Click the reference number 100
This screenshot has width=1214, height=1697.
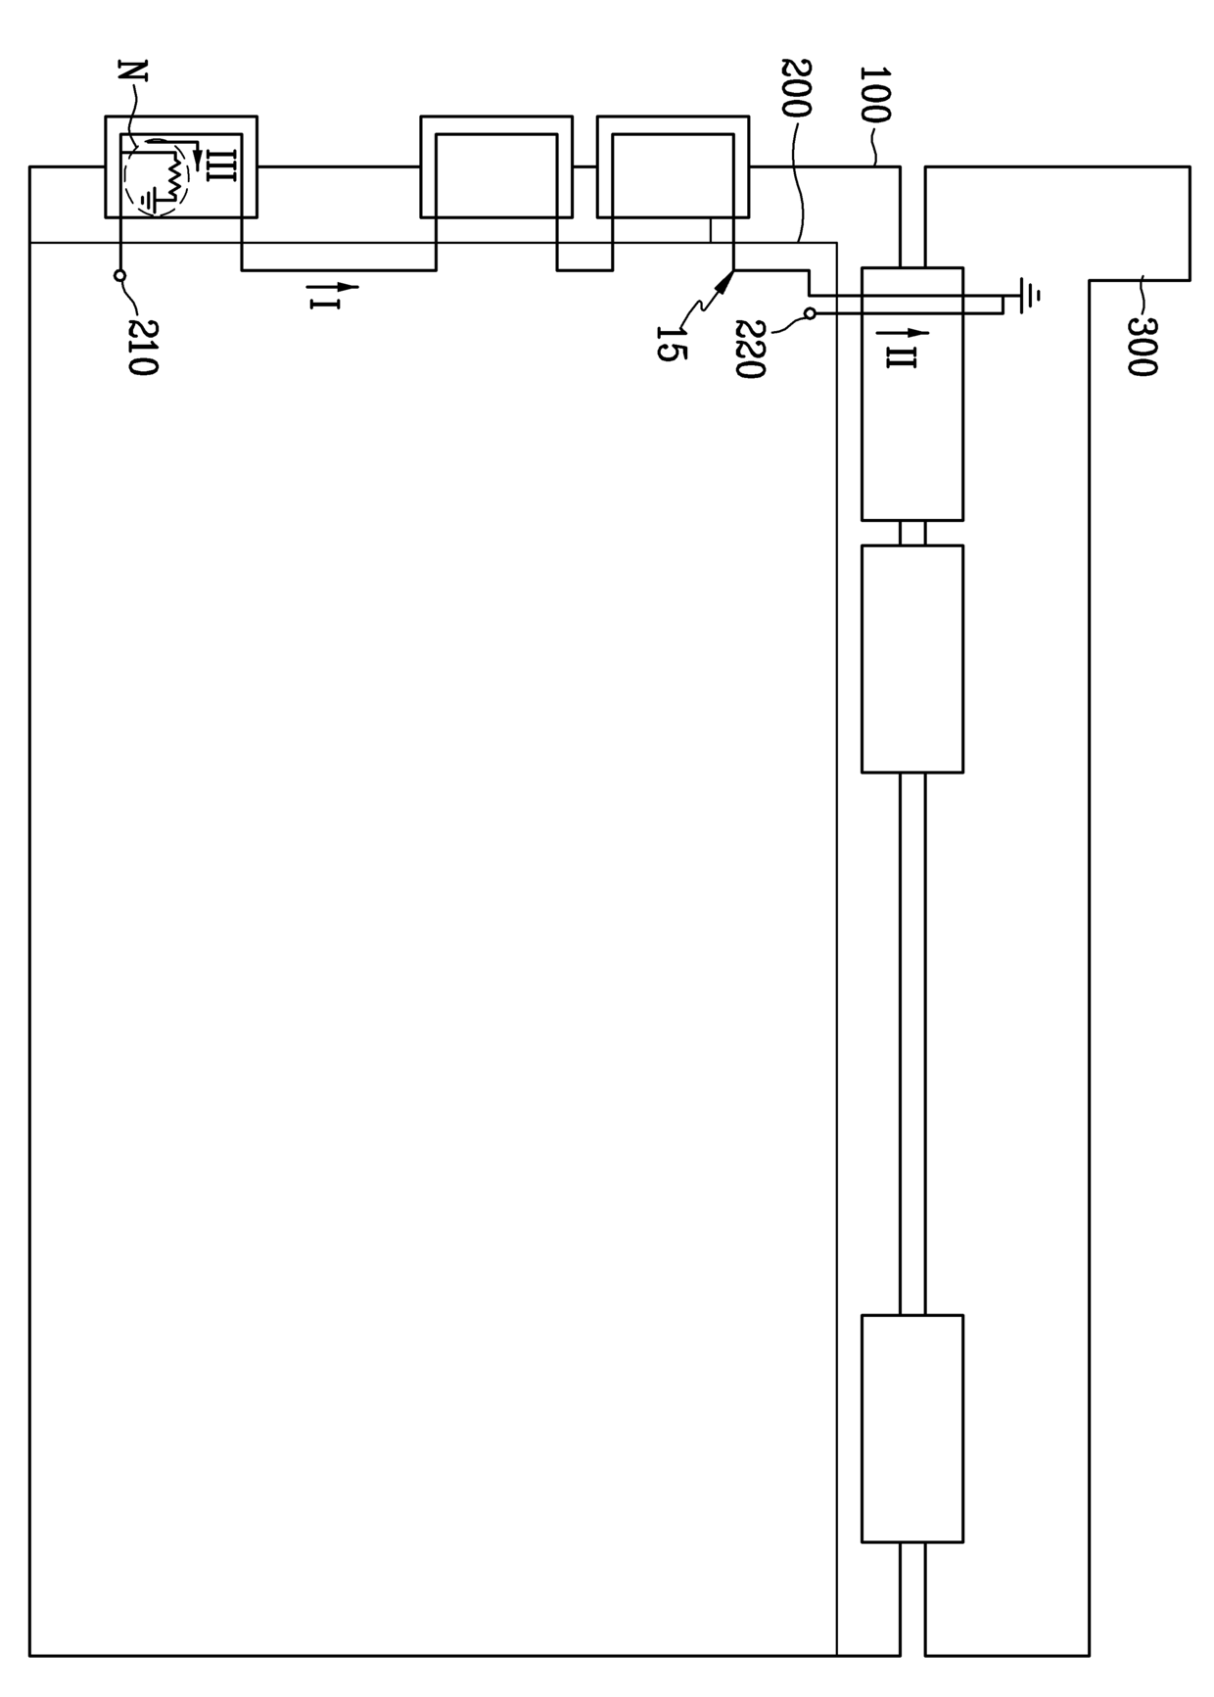pos(873,94)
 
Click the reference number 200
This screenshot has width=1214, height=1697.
pos(797,88)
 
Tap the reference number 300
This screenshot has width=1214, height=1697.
pos(1142,347)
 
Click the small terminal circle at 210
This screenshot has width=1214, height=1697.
pos(119,276)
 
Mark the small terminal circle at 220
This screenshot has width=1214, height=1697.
pos(810,313)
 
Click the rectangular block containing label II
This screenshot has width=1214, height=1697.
pos(912,394)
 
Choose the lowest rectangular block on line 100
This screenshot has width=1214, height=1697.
pos(912,1429)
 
